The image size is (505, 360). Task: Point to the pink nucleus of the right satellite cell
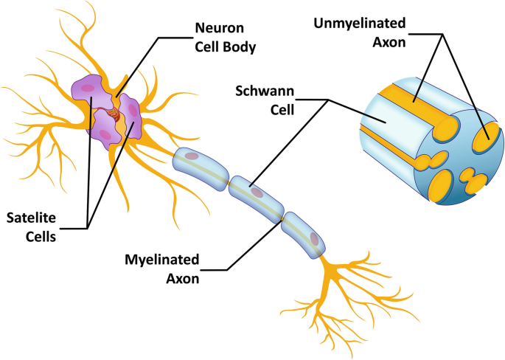tap(133, 111)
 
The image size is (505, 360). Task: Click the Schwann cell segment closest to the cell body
tap(199, 165)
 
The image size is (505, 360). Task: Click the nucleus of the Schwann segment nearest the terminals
tap(314, 238)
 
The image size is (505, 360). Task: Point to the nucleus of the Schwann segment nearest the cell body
tap(192, 156)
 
